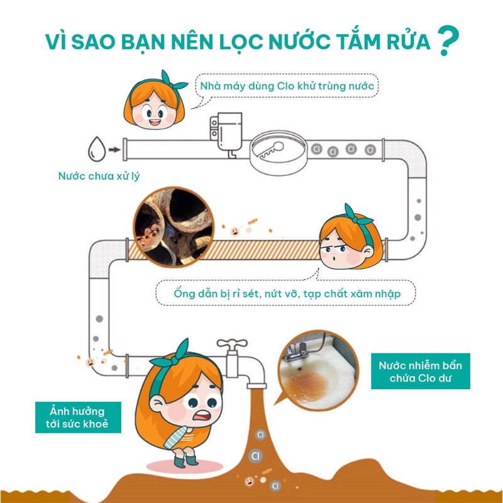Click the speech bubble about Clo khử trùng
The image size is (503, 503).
pos(286,86)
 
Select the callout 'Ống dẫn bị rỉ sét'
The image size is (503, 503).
pos(286,293)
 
